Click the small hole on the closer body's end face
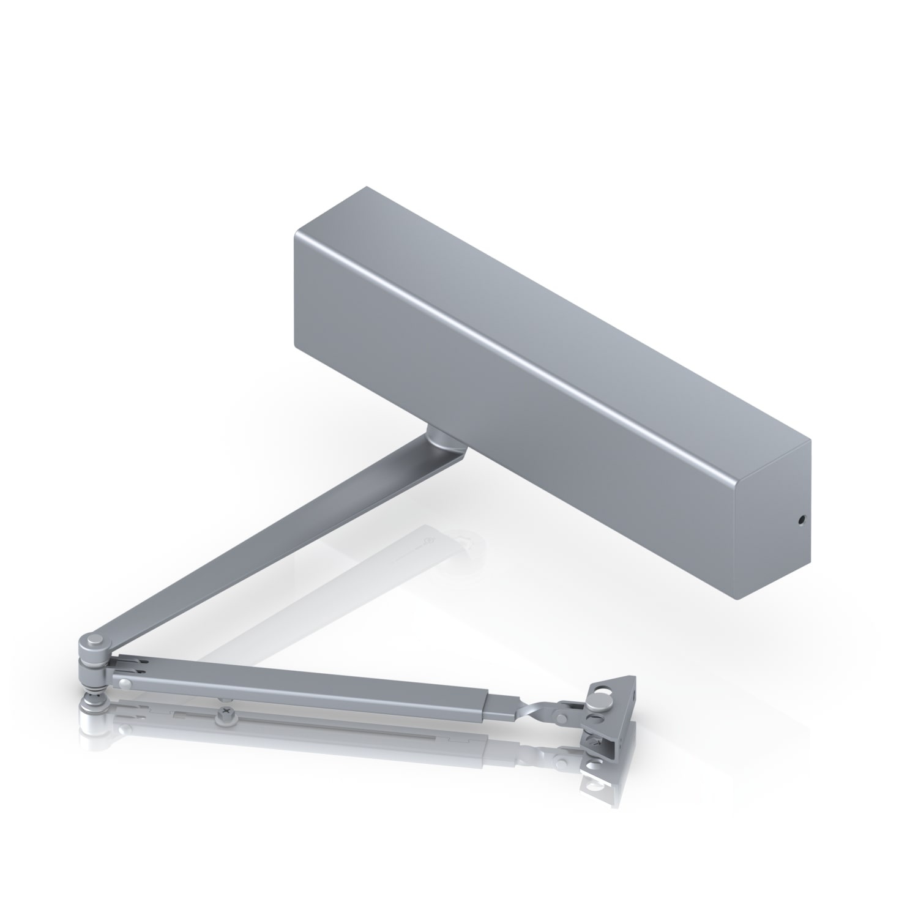coord(801,521)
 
